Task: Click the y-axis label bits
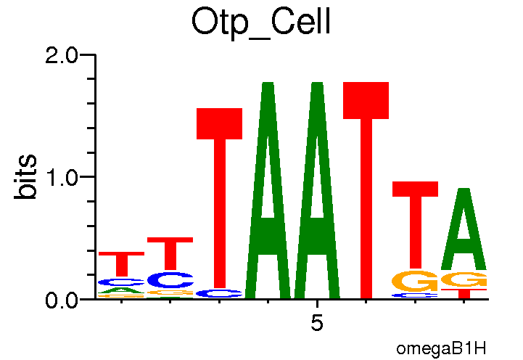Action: click(27, 176)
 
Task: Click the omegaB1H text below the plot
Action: click(440, 348)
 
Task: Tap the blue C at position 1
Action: click(121, 282)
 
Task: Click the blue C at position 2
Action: click(170, 279)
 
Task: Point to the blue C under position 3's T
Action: click(219, 293)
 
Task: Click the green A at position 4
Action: click(268, 218)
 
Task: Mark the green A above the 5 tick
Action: click(317, 218)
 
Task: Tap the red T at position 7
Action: click(415, 218)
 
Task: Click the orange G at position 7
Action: click(415, 280)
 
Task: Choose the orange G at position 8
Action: click(464, 279)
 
